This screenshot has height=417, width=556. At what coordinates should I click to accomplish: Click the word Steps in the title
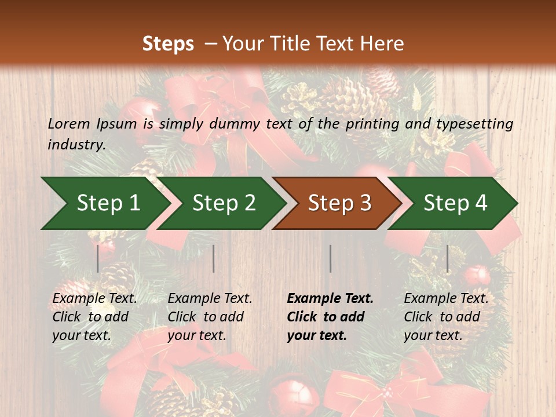point(168,44)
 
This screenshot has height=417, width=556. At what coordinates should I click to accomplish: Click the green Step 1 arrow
point(104,203)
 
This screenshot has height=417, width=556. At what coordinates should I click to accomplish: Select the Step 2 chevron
point(223,203)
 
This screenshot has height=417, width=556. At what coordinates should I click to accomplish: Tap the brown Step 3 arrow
point(339,203)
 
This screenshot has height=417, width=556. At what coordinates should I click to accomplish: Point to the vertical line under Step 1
point(98,258)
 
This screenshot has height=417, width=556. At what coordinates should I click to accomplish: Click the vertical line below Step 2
point(214,258)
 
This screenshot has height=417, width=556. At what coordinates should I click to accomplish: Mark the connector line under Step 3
point(331,258)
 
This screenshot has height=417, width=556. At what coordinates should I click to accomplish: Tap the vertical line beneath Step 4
point(448,258)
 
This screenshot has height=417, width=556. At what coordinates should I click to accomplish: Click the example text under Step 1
point(94,317)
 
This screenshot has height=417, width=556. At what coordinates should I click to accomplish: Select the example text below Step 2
point(210,317)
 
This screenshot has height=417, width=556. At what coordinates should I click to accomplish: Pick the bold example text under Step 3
point(330,317)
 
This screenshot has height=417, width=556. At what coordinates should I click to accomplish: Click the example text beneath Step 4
point(446,317)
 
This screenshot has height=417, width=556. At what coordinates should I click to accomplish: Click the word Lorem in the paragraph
point(69,123)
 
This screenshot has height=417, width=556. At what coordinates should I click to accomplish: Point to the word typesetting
point(475,124)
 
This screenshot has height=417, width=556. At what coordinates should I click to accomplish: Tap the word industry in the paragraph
point(76,144)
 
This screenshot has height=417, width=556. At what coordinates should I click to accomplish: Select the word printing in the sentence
point(371,124)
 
